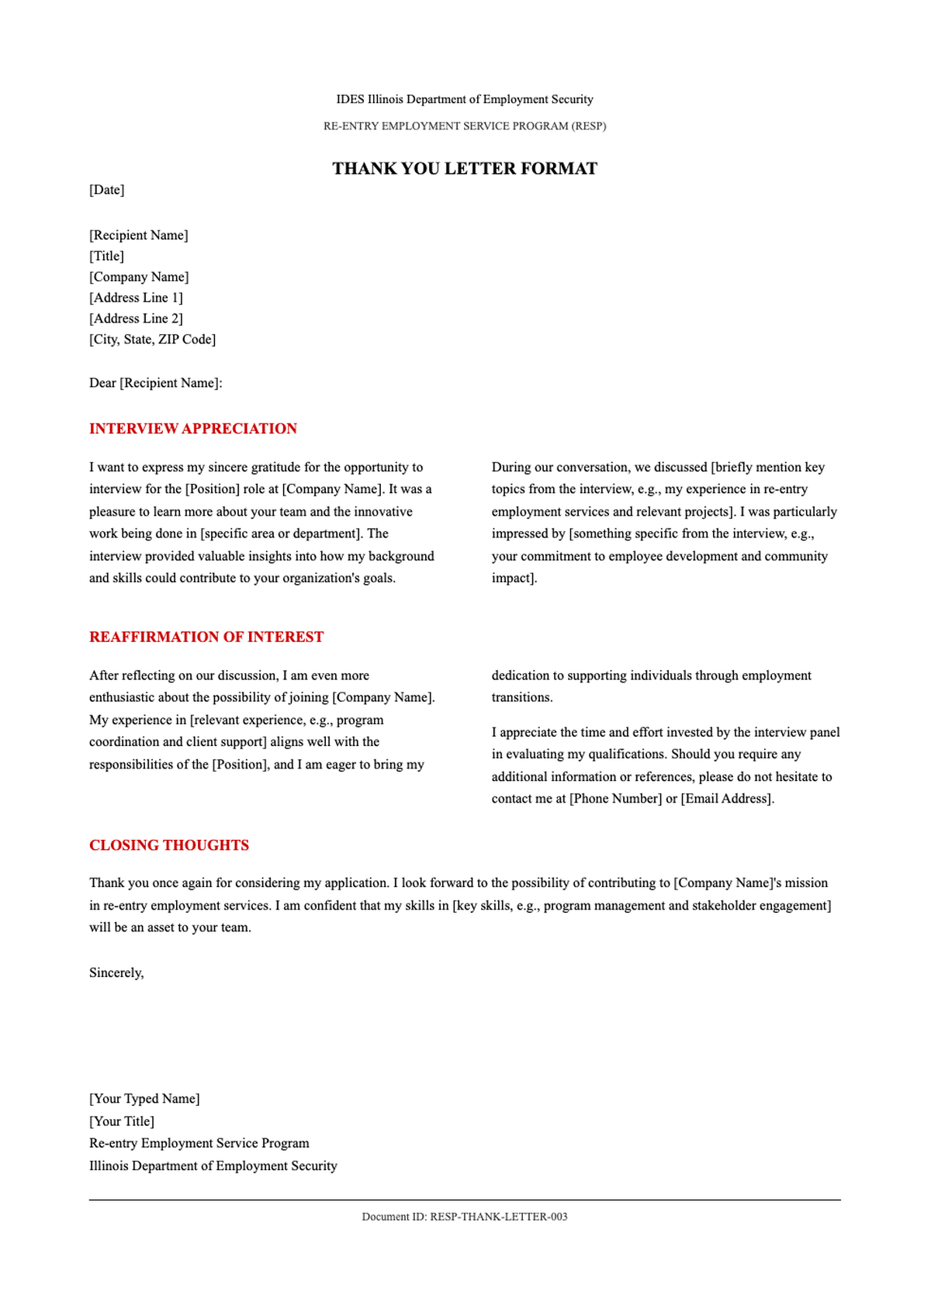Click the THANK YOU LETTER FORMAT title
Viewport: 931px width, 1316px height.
(465, 168)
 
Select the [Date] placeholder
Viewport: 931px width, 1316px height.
(107, 190)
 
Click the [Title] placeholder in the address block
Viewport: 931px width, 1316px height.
(107, 256)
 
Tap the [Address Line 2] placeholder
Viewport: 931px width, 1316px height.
(137, 319)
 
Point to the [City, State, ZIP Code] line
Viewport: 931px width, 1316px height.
(153, 340)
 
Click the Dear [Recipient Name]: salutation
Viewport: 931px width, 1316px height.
(156, 383)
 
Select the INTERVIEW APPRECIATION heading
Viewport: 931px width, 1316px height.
(193, 429)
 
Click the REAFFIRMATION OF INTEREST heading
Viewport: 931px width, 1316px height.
(206, 637)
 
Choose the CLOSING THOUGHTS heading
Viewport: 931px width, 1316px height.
(169, 845)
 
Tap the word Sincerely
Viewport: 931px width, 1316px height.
(116, 972)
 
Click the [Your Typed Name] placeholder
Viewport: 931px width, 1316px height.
(144, 1099)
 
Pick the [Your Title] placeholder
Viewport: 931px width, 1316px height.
(122, 1121)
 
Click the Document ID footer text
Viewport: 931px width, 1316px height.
(465, 1217)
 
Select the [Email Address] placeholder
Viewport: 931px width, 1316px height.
(727, 799)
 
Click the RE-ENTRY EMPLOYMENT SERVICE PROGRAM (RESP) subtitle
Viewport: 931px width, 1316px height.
(465, 126)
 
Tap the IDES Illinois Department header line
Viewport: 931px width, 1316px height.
(465, 99)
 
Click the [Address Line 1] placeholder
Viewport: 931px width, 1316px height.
(137, 298)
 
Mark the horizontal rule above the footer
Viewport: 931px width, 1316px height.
(465, 1200)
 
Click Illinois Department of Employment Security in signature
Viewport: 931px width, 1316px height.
(213, 1166)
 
